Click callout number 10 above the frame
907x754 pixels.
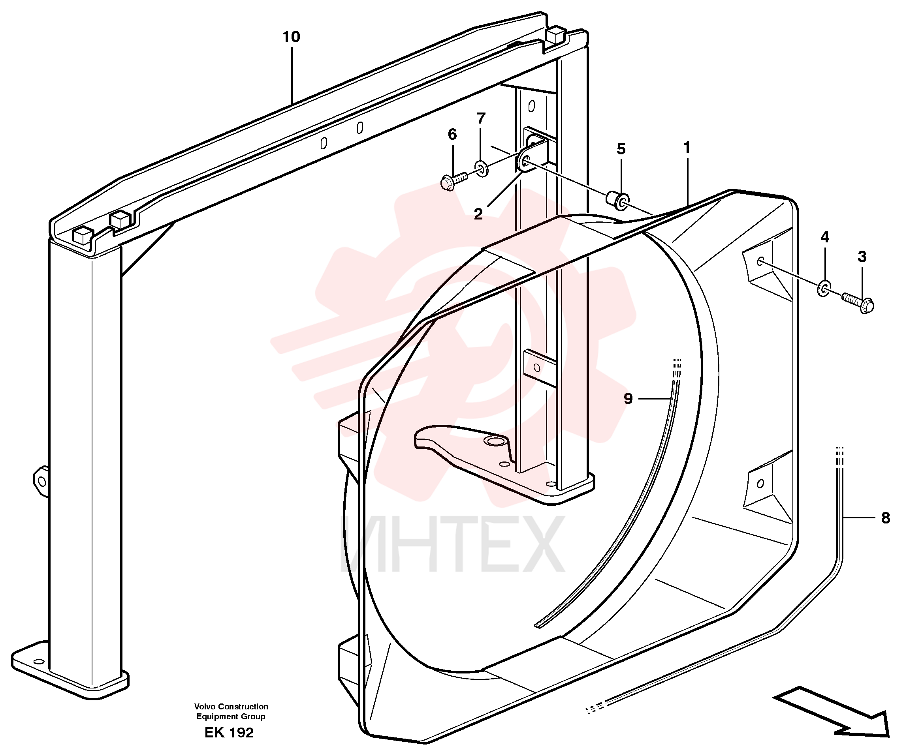coord(291,37)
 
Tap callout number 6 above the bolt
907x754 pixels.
coord(452,134)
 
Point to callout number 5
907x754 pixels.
coord(621,149)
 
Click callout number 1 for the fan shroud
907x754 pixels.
coord(687,148)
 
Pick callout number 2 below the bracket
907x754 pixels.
coord(478,214)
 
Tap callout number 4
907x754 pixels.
coord(825,237)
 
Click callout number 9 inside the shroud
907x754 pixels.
coord(628,398)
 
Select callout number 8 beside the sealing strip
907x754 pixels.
coord(885,518)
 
